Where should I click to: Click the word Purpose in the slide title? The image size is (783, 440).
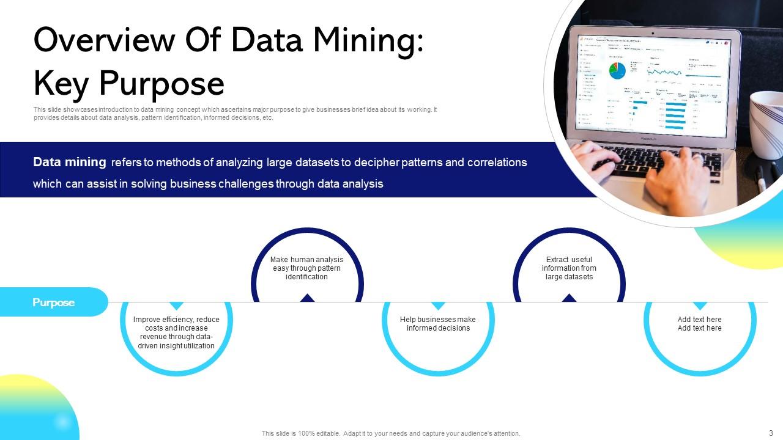click(161, 83)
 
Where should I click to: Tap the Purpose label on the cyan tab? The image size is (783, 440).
click(54, 302)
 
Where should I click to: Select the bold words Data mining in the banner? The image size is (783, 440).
click(69, 163)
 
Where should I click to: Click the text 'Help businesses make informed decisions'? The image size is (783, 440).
click(438, 324)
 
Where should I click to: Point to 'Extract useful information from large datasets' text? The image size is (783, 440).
click(569, 268)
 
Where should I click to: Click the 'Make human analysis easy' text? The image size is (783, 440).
click(307, 268)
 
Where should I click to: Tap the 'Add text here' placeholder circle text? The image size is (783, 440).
click(700, 324)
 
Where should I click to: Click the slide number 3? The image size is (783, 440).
click(771, 433)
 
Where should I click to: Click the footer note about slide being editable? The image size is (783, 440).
click(391, 433)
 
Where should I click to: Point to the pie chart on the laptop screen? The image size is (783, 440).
click(617, 70)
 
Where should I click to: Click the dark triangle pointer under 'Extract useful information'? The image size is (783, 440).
click(570, 298)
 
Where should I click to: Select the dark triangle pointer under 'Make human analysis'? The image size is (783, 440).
click(307, 298)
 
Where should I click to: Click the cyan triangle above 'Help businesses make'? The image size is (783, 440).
click(438, 306)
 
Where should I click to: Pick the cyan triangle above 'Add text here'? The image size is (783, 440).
click(700, 306)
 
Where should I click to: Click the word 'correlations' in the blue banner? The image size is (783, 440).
click(497, 163)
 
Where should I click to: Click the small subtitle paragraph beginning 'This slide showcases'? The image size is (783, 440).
click(236, 114)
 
